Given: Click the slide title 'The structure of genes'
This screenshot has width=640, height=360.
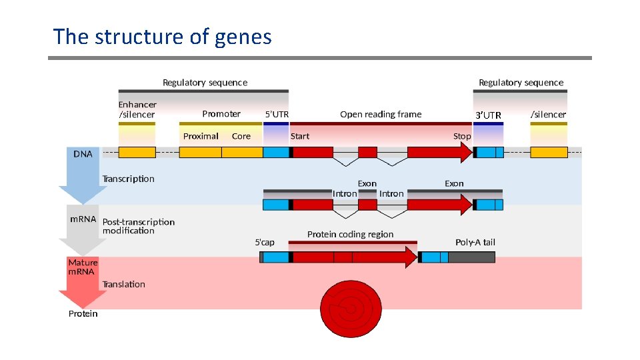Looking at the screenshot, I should point(162,37).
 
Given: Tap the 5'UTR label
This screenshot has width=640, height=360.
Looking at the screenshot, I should point(277,115).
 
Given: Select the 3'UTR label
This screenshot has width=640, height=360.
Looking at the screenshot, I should point(488,116).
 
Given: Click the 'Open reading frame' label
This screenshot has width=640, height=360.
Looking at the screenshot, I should point(381,114).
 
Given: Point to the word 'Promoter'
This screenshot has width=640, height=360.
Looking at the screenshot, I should point(221,114).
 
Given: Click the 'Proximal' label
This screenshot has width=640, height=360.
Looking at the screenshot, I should point(201,136).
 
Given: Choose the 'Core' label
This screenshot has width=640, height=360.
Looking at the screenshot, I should point(241,136).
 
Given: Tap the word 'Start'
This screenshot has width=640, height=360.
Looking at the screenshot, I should point(300,136).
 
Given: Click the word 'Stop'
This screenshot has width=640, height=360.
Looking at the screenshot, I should point(462,136).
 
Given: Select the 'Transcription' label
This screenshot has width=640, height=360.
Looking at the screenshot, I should point(128,179).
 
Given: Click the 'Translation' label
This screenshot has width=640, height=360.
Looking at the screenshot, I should point(123,284).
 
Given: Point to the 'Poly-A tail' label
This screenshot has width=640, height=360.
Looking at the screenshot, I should point(475,242).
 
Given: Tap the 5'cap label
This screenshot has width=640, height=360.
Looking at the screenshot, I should point(265,242).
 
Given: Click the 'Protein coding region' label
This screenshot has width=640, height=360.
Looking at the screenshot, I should point(350,235).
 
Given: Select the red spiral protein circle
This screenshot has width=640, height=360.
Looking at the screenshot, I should point(351,308).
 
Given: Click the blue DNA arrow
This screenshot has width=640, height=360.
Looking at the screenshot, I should point(83,177).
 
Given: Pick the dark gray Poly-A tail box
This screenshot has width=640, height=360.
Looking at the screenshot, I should point(471,257).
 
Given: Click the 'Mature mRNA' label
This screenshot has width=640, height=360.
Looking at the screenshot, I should point(83,267).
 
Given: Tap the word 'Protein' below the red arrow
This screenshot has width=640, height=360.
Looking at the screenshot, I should point(83,314).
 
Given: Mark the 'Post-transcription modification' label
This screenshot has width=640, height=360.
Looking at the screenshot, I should point(138,226).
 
